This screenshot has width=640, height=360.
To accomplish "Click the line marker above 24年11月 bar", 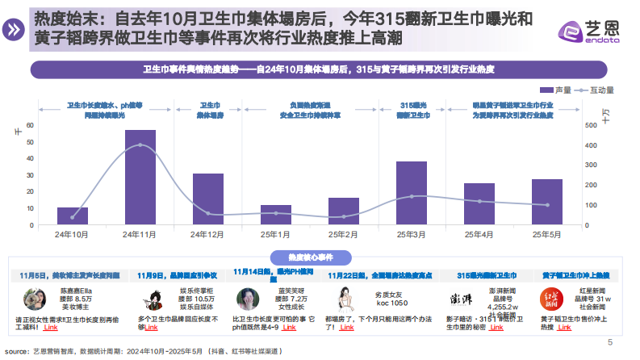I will pos(140,145).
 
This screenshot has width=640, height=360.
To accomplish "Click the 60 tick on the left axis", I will pos(30,125).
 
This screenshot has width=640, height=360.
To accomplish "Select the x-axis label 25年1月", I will pos(276,234).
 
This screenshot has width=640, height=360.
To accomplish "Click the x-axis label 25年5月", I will pos(546,234).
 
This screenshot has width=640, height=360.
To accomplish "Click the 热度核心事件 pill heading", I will pos(320,257).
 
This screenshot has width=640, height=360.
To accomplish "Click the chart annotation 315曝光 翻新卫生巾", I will pos(412,111).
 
